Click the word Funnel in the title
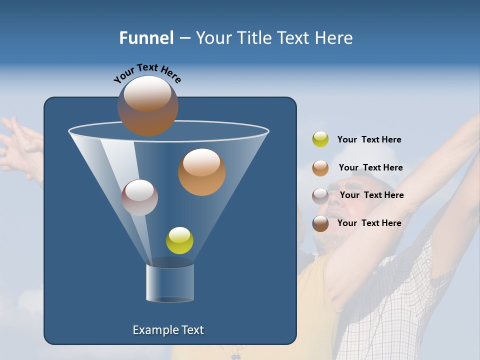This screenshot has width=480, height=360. pyautogui.click(x=146, y=38)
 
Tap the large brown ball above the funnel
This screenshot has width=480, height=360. pyautogui.click(x=147, y=106)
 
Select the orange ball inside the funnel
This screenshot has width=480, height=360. pyautogui.click(x=201, y=172)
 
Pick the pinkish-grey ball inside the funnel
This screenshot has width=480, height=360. pyautogui.click(x=139, y=197)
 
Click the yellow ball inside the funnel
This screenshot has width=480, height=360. pyautogui.click(x=179, y=240)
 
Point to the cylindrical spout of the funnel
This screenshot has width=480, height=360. pyautogui.click(x=170, y=283)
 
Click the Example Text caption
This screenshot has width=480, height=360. pyautogui.click(x=168, y=330)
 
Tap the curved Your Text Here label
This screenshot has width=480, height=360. pyautogui.click(x=147, y=73)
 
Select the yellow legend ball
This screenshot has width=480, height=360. pyautogui.click(x=320, y=139)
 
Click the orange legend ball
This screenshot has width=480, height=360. pyautogui.click(x=320, y=167)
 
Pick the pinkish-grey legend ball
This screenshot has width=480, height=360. pyautogui.click(x=320, y=195)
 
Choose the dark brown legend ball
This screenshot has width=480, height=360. pyautogui.click(x=320, y=223)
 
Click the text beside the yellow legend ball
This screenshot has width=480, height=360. pyautogui.click(x=369, y=139)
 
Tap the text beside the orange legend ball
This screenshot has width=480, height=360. pyautogui.click(x=370, y=167)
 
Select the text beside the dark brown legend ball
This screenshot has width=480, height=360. pyautogui.click(x=369, y=223)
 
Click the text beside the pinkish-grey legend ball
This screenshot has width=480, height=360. pyautogui.click(x=371, y=195)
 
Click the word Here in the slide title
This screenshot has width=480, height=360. pyautogui.click(x=334, y=38)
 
